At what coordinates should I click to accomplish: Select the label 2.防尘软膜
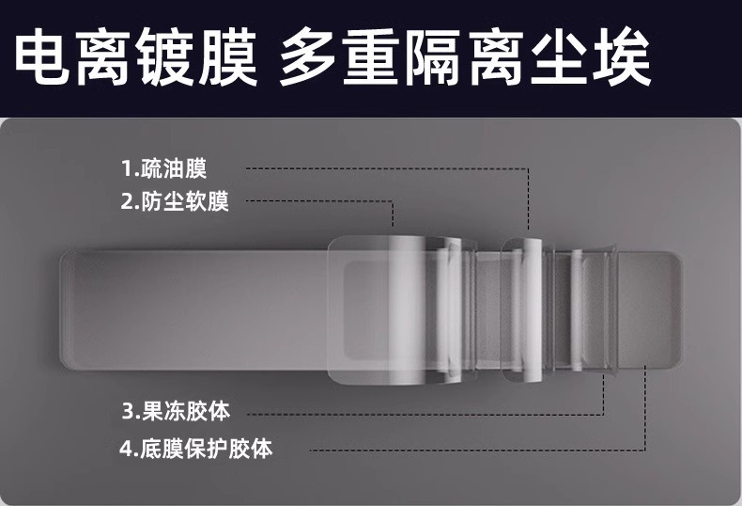point(175,201)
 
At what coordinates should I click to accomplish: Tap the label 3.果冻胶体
point(176,411)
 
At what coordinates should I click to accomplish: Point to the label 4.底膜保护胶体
point(196,448)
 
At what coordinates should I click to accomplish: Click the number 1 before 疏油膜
point(127,169)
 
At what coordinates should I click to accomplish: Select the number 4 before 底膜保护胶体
point(126,448)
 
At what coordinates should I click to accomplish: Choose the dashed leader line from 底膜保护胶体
point(451,448)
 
